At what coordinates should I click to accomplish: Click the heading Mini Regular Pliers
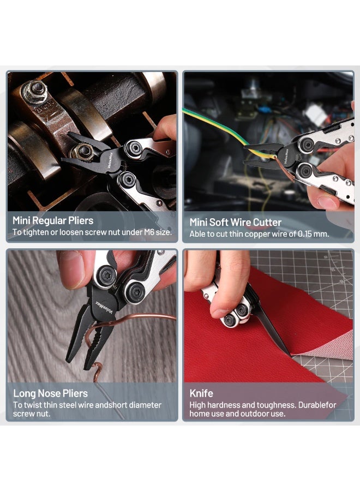(x=53, y=220)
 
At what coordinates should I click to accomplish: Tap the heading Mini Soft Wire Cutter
(x=236, y=223)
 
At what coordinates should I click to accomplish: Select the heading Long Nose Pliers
(x=50, y=393)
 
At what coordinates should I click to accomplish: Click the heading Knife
(x=201, y=393)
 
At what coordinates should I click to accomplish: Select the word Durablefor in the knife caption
(x=317, y=405)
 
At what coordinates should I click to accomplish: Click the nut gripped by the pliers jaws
(x=82, y=152)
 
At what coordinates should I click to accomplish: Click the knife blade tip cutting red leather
(x=290, y=355)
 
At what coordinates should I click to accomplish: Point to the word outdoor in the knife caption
(x=254, y=414)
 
